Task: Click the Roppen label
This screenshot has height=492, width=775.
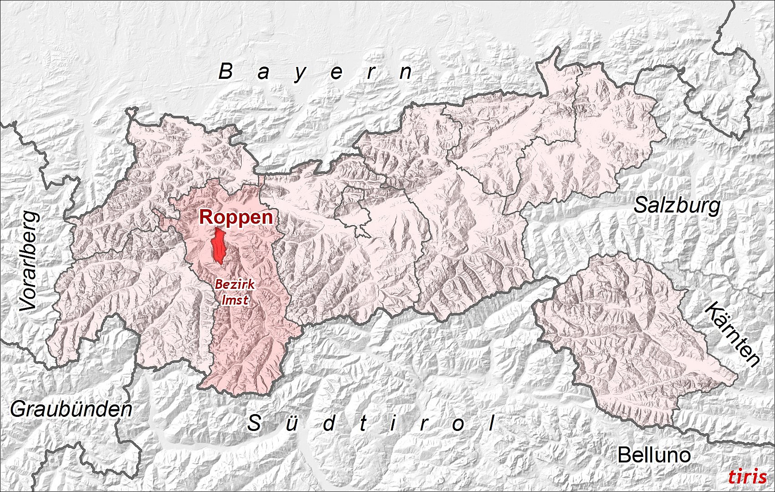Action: (236, 217)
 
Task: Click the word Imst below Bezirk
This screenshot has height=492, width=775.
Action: (235, 299)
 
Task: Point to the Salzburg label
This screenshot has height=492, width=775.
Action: (677, 205)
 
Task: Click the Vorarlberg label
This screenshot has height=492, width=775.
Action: (29, 261)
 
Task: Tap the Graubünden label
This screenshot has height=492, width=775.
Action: (71, 410)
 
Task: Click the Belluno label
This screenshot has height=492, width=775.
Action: (653, 455)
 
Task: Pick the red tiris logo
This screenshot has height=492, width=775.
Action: (747, 477)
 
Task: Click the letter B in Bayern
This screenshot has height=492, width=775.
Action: (225, 72)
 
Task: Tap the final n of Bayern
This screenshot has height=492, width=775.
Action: (406, 72)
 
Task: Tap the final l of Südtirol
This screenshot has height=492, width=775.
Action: (492, 423)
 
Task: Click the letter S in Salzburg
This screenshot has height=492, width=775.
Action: (641, 205)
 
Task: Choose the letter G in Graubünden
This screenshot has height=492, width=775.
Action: (19, 410)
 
